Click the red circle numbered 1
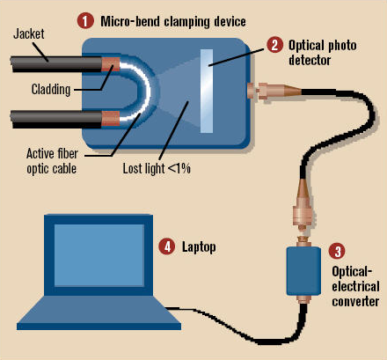click(85, 21)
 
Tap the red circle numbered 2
click(275, 45)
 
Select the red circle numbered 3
click(337, 252)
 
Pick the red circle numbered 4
click(167, 246)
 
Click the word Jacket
click(29, 34)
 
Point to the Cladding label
click(51, 89)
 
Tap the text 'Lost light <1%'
click(157, 168)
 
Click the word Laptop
click(199, 247)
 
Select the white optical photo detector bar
click(207, 91)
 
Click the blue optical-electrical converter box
click(303, 271)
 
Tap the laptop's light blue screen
click(99, 255)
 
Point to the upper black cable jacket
click(56, 64)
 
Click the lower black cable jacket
click(56, 119)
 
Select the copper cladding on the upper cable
click(111, 64)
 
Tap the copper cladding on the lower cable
click(111, 119)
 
